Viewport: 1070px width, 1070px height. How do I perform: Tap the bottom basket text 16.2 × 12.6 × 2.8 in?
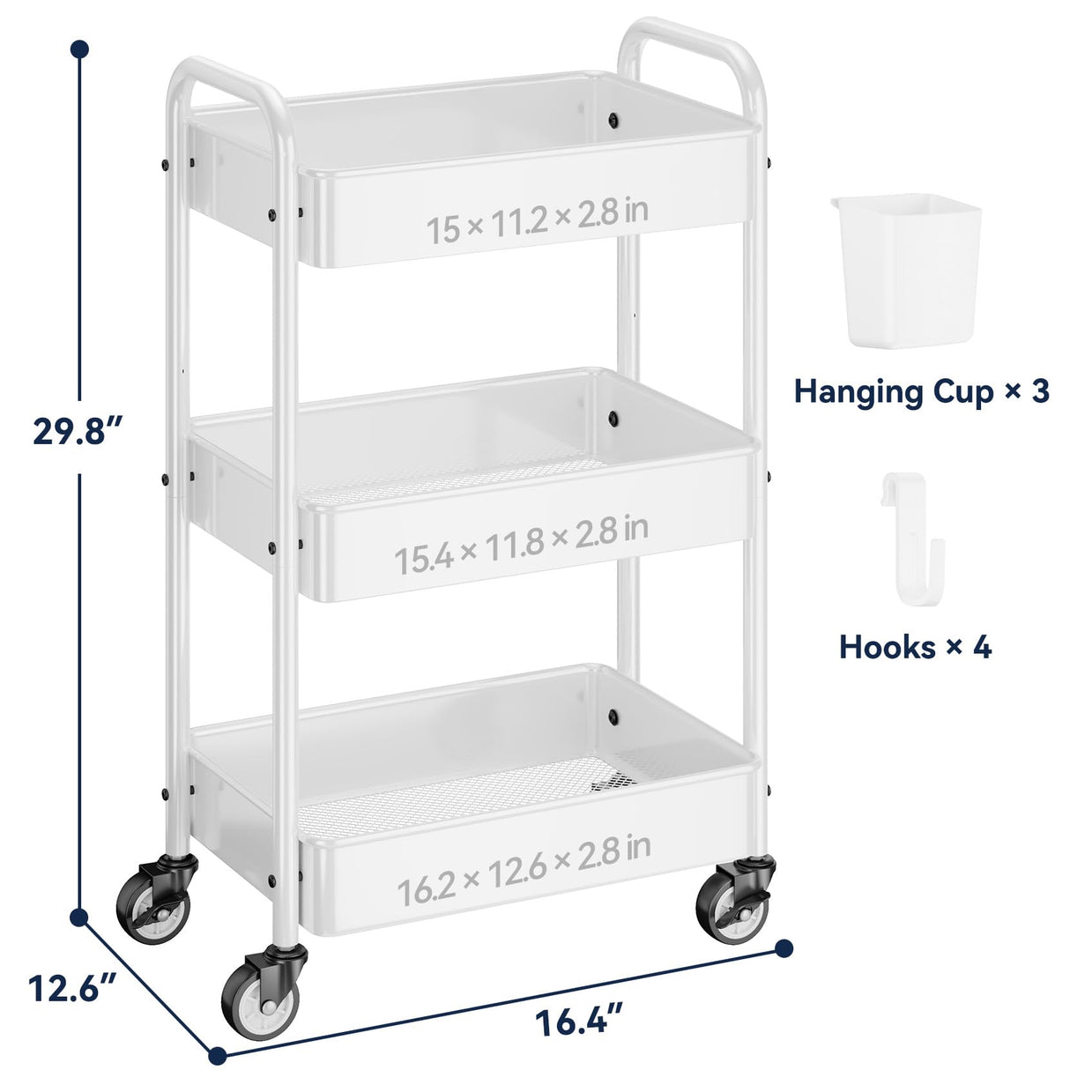(x=524, y=859)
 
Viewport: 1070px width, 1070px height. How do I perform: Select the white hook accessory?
(x=912, y=538)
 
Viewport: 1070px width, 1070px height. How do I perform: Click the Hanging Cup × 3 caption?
(x=921, y=390)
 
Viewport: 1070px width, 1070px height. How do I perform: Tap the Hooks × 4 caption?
(x=915, y=647)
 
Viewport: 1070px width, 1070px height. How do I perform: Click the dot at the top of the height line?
(x=80, y=49)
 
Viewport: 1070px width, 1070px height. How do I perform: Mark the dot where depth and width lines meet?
(x=218, y=1053)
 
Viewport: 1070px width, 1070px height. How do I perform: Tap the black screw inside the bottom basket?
(x=613, y=714)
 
